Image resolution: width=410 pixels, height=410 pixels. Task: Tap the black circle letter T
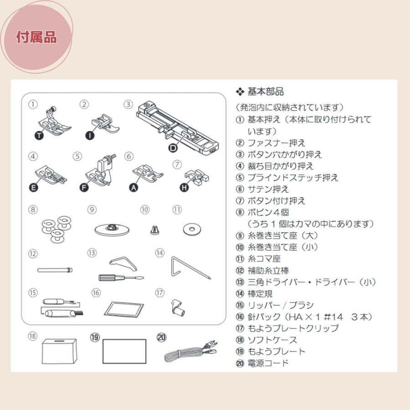(40, 135)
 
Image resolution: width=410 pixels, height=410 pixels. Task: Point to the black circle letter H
(184, 188)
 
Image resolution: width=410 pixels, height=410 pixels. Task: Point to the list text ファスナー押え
(276, 143)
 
